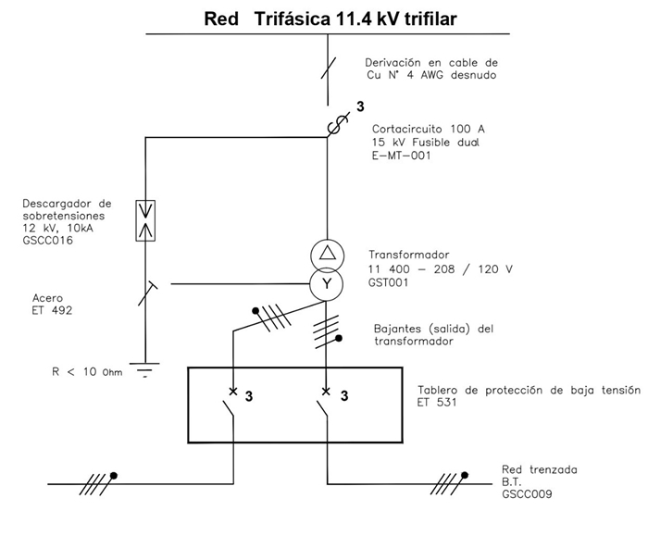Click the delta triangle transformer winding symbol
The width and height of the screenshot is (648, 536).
[x=326, y=254]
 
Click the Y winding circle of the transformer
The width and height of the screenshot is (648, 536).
[x=326, y=283]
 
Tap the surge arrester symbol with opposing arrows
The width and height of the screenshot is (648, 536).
[x=145, y=220]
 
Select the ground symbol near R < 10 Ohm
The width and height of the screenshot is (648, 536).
[x=145, y=372]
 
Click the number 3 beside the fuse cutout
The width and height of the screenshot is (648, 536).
[x=360, y=106]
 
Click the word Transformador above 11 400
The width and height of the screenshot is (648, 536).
[x=408, y=255]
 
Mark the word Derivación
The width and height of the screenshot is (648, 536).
[x=398, y=62]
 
